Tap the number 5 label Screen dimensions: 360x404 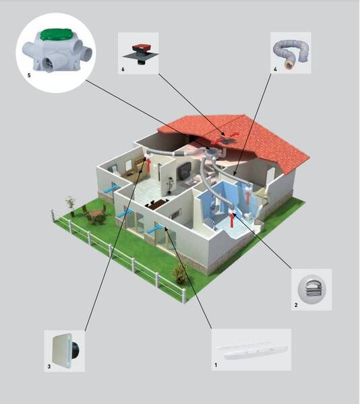click(29, 75)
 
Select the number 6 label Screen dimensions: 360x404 click(123, 69)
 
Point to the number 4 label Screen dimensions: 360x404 click(275, 69)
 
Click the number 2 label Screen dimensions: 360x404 click(296, 305)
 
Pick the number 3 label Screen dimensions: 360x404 click(49, 366)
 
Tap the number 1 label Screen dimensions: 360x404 click(216, 365)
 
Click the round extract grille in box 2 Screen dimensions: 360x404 click(311, 290)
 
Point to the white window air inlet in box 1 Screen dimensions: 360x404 click(251, 350)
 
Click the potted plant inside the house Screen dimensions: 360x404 click(170, 184)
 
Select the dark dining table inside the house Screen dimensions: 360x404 click(157, 203)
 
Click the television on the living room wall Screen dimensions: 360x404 click(185, 171)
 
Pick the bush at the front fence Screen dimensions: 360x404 click(179, 274)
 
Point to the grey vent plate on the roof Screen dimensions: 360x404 click(228, 141)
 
